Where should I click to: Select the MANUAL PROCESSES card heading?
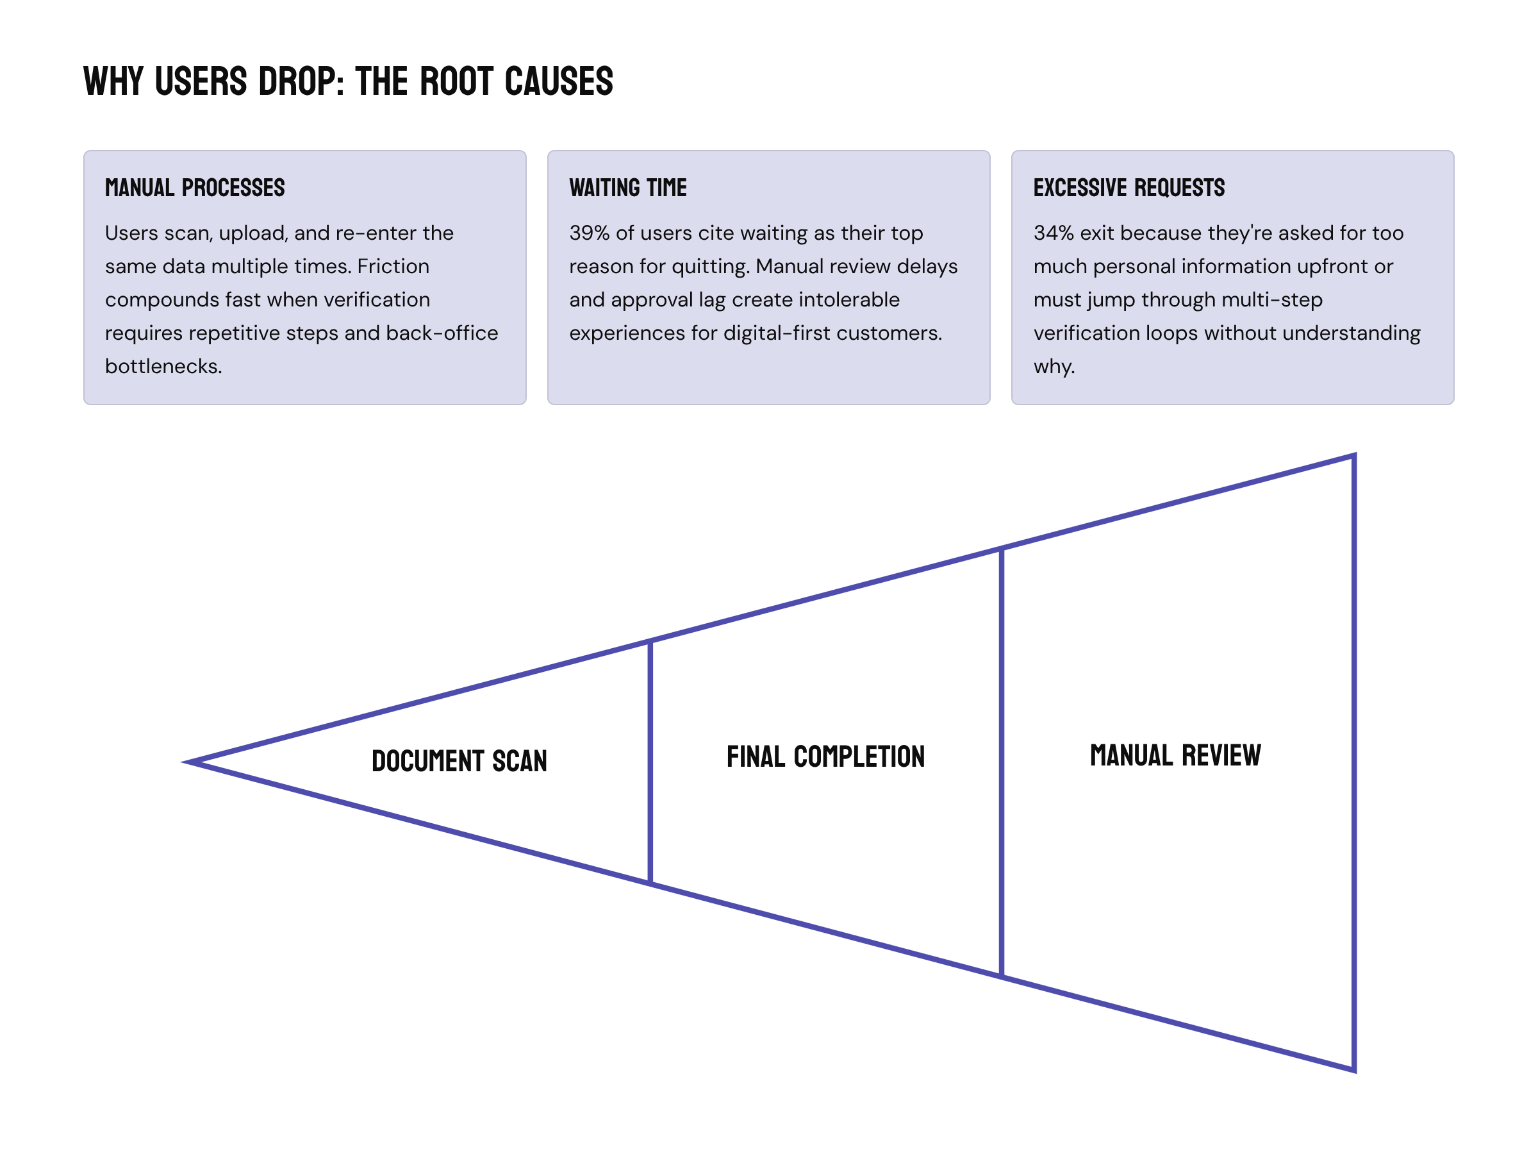pyautogui.click(x=195, y=188)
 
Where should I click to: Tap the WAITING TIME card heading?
pyautogui.click(x=627, y=188)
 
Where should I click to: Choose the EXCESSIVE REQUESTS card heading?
pyautogui.click(x=1129, y=188)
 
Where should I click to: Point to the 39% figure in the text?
pyautogui.click(x=589, y=233)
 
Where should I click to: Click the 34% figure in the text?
pyautogui.click(x=1054, y=233)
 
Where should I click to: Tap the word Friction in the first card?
pyautogui.click(x=393, y=267)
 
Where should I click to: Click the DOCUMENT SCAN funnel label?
pyautogui.click(x=459, y=761)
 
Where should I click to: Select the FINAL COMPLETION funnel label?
pyautogui.click(x=825, y=757)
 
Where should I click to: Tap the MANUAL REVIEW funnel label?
pyautogui.click(x=1175, y=755)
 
